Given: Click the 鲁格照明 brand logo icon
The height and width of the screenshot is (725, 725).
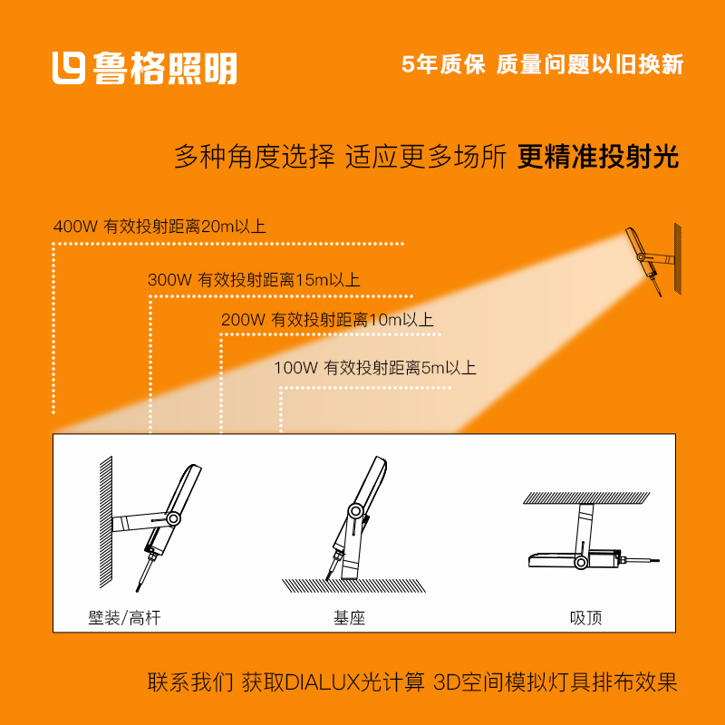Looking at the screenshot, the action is pyautogui.click(x=69, y=68).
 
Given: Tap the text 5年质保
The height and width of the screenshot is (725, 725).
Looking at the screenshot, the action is pyautogui.click(x=443, y=64).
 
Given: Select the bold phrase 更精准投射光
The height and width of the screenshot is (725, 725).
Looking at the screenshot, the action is pyautogui.click(x=598, y=157).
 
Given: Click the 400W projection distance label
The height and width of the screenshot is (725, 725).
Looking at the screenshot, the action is pyautogui.click(x=159, y=226).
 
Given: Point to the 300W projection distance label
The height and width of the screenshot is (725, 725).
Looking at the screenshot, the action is pyautogui.click(x=254, y=280).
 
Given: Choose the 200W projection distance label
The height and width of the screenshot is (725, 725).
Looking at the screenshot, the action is pyautogui.click(x=327, y=320).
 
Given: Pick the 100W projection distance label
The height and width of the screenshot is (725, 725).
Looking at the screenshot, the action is pyautogui.click(x=375, y=368).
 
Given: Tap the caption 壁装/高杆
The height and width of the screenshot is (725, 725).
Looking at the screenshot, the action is pyautogui.click(x=124, y=618).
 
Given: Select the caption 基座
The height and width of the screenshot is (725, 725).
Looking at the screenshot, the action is pyautogui.click(x=350, y=618).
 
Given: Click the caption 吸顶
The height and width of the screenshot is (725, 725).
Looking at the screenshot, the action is pyautogui.click(x=585, y=618).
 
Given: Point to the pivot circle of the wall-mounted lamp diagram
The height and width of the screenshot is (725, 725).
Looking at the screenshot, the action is pyautogui.click(x=173, y=518).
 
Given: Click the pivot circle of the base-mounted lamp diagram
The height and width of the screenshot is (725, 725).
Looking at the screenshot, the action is pyautogui.click(x=355, y=511).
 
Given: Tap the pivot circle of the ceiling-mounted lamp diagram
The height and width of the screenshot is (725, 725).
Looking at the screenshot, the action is pyautogui.click(x=581, y=562).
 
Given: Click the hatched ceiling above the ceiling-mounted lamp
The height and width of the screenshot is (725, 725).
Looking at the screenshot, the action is pyautogui.click(x=586, y=498).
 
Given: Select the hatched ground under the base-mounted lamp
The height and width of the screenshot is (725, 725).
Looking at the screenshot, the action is pyautogui.click(x=354, y=585).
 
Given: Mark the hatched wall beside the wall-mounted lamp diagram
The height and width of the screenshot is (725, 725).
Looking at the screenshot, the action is pyautogui.click(x=106, y=522).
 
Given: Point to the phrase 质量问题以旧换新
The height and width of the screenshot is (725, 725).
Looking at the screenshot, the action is pyautogui.click(x=590, y=64).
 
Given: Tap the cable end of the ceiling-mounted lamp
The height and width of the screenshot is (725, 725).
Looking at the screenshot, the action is pyautogui.click(x=659, y=561).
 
